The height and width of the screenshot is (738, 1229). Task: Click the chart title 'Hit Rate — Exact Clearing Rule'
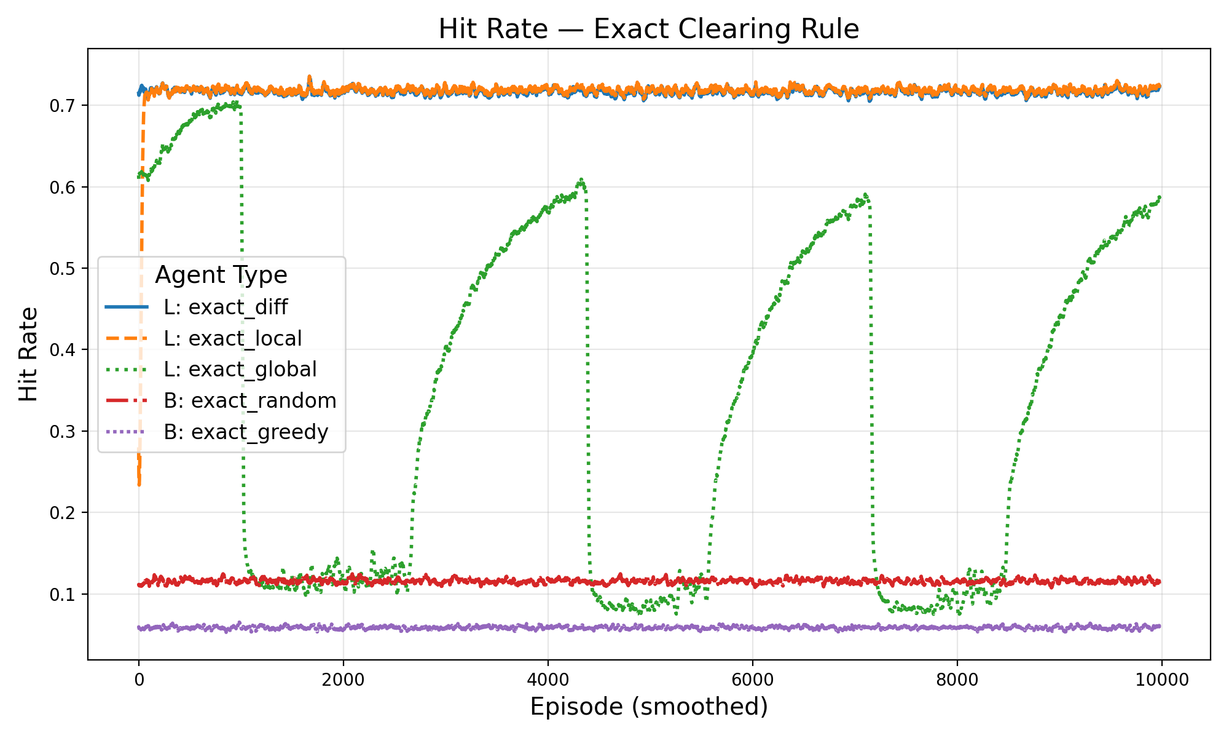point(648,30)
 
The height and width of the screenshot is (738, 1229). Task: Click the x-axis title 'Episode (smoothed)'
point(648,707)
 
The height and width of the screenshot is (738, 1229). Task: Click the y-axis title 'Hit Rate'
point(28,354)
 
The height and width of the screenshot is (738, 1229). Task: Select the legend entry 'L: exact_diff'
point(225,307)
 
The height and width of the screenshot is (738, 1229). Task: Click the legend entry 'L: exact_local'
point(232,338)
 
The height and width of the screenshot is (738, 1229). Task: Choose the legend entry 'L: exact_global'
point(240,370)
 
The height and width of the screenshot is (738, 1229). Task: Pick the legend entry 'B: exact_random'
point(249,401)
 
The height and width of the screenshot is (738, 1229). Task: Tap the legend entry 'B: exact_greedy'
point(246,432)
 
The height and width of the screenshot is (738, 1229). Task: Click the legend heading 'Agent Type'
point(221,275)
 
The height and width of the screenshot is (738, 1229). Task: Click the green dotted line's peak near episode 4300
point(581,180)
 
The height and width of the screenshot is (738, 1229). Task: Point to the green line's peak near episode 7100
point(865,194)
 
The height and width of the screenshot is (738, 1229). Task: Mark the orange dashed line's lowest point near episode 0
point(139,485)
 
